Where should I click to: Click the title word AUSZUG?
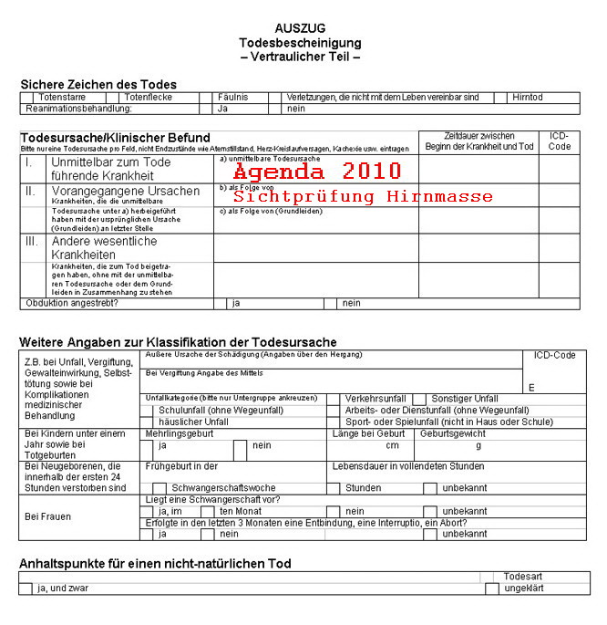tap(300, 28)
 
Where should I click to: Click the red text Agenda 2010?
tap(316, 172)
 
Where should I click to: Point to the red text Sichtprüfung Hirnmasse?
tap(363, 196)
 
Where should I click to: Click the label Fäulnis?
tap(234, 97)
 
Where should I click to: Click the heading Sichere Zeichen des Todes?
tap(98, 84)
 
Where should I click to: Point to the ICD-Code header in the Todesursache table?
tap(560, 141)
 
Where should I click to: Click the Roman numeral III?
tap(32, 242)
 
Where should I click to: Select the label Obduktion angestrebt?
tap(74, 303)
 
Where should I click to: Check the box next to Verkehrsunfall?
tap(334, 399)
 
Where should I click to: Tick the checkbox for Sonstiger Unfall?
tap(419, 399)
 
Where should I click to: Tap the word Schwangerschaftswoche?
tap(223, 488)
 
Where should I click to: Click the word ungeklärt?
tap(524, 589)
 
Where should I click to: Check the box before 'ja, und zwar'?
tap(26, 589)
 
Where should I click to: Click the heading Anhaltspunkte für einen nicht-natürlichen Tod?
tap(155, 564)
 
